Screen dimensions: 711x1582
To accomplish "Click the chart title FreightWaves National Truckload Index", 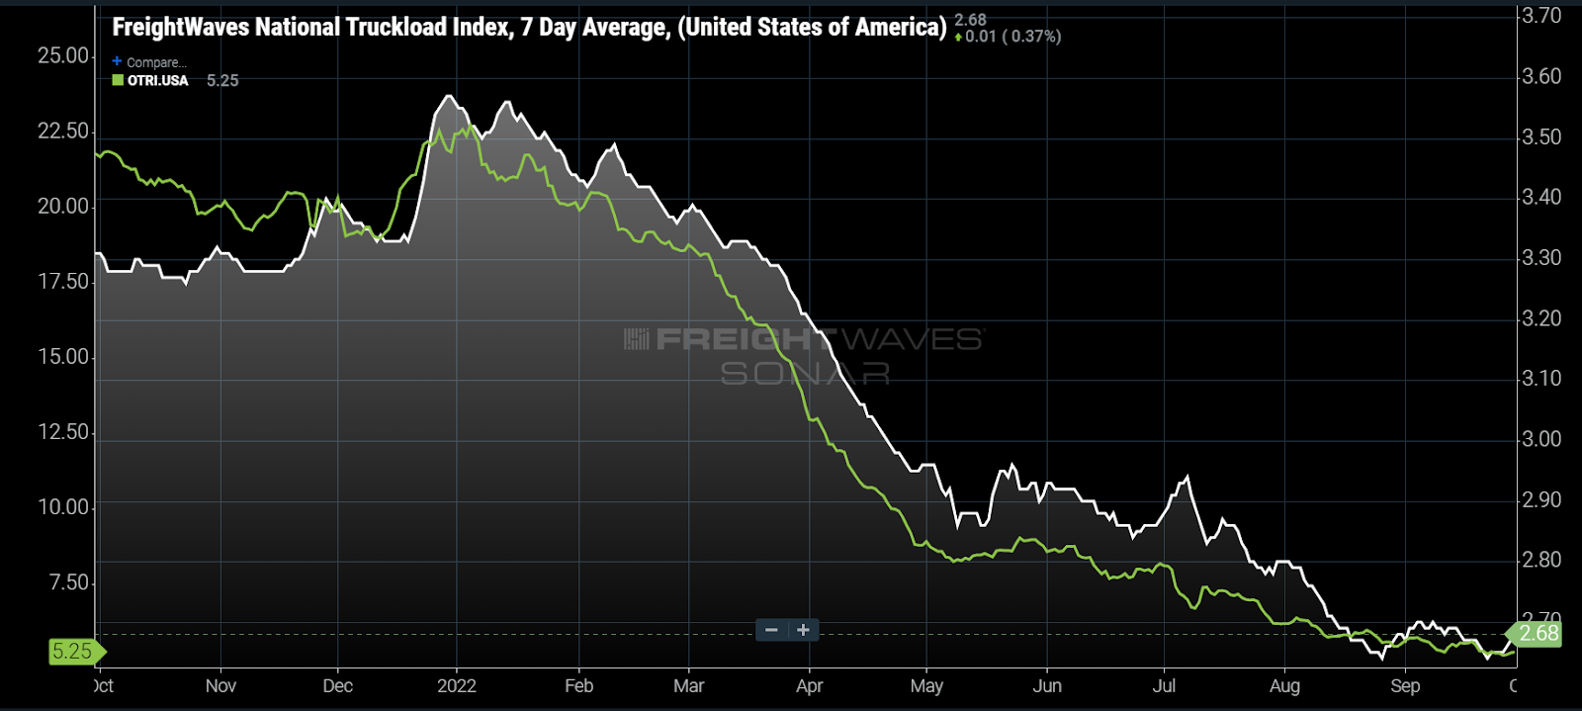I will point(529,27).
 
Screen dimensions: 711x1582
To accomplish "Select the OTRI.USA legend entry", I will point(151,81).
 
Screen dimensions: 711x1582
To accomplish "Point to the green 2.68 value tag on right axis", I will point(1536,634).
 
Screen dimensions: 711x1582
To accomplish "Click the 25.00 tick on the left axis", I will point(63,56).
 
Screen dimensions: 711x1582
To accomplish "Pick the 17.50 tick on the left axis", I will point(63,282).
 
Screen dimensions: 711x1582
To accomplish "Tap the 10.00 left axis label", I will point(63,507).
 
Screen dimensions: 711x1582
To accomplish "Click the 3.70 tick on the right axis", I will point(1540,16).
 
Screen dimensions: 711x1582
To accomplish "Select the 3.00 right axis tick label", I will point(1540,439).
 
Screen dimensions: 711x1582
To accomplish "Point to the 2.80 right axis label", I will point(1540,561).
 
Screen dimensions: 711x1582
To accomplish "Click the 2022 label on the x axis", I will point(457,686).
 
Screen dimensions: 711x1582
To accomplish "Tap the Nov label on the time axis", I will point(220,686).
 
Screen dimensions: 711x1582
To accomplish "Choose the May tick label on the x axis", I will point(926,686).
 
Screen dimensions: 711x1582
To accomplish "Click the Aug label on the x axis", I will point(1284,686).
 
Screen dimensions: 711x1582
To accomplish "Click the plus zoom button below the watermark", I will point(804,630).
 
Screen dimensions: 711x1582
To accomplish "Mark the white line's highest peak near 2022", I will point(449,96).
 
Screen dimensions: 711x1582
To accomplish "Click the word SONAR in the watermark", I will point(805,374).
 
